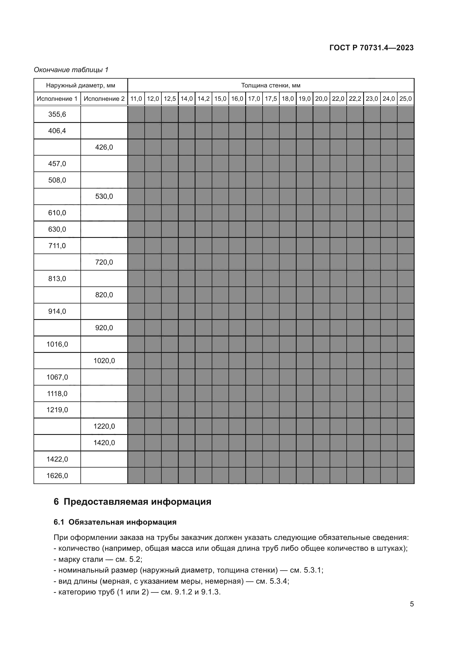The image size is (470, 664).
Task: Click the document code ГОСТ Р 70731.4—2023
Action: [371, 48]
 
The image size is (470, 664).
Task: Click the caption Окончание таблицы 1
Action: [71, 70]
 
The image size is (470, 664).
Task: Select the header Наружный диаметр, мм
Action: [80, 85]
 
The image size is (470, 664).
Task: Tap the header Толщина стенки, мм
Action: [271, 85]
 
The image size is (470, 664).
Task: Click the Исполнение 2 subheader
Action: [104, 99]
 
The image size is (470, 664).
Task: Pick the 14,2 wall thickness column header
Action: [203, 99]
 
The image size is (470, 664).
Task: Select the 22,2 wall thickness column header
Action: [355, 99]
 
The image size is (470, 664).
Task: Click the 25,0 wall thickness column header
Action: [405, 99]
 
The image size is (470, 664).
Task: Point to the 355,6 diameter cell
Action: [57, 114]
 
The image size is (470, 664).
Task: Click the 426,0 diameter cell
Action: [104, 147]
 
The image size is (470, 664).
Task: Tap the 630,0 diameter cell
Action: [57, 229]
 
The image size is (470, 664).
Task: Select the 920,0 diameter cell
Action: [104, 328]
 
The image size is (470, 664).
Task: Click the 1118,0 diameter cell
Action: [57, 393]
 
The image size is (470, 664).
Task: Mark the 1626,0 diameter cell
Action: [57, 476]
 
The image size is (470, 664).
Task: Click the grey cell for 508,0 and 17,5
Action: [271, 180]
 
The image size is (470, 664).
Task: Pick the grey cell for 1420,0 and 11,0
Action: [136, 443]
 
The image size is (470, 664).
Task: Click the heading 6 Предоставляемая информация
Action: [132, 502]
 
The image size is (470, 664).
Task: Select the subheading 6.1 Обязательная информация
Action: [115, 522]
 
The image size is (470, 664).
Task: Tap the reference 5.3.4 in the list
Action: [279, 581]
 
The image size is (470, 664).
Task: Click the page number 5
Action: [411, 604]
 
